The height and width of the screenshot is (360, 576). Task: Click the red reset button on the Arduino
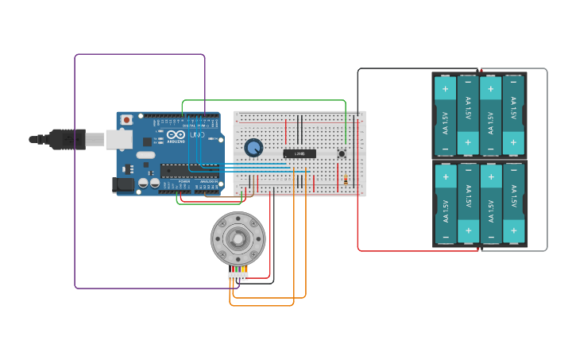(126, 120)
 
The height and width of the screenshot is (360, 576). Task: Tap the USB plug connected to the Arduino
(68, 139)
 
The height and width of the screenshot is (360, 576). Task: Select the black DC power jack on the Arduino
(124, 184)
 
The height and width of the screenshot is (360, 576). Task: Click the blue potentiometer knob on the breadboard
(253, 148)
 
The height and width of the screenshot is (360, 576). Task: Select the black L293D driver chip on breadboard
(300, 153)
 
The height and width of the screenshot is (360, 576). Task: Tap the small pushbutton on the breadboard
(342, 153)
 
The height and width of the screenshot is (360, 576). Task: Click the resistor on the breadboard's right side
(346, 180)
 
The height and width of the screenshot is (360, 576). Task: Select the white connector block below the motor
(238, 276)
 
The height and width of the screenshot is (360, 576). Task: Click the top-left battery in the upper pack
(445, 116)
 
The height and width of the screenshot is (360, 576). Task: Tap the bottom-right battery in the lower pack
(514, 203)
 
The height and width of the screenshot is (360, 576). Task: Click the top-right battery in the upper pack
(514, 116)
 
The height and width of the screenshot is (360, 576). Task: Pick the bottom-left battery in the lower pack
(445, 203)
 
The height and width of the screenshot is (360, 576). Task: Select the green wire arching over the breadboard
(262, 101)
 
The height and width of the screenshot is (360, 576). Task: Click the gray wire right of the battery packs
(547, 159)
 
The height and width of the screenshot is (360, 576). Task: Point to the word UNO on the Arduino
(196, 135)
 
